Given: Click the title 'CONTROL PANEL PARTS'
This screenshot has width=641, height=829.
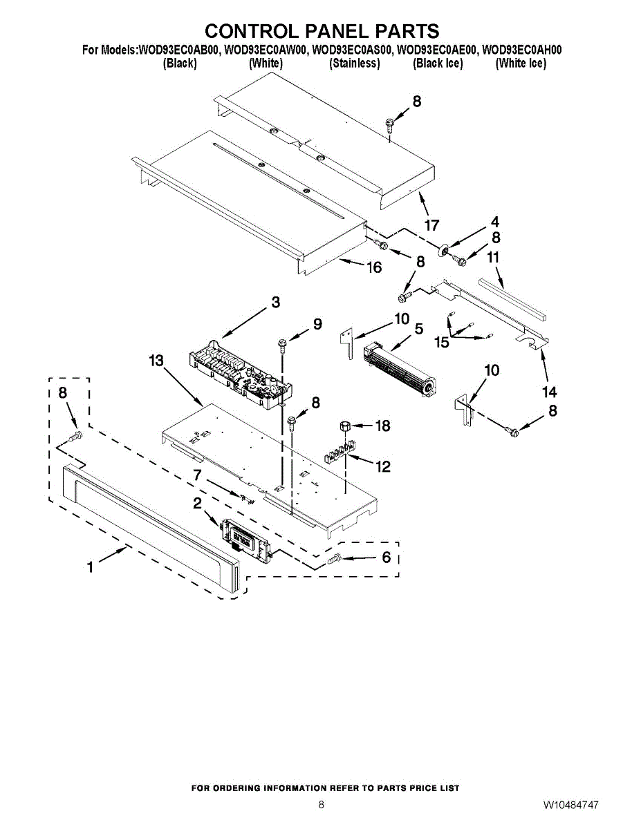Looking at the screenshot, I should (322, 31).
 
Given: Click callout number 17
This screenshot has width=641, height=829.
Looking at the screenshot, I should (432, 225).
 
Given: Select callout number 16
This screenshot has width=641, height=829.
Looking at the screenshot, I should (374, 267).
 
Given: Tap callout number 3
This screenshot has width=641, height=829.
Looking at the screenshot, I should (275, 302).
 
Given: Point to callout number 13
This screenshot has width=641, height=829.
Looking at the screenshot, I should (156, 361).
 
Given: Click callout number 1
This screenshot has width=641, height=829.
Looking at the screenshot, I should (90, 567).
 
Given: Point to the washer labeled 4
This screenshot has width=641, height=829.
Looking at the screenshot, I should (440, 249).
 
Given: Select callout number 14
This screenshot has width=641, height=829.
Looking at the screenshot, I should (549, 392).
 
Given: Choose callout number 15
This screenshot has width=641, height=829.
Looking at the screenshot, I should (441, 342).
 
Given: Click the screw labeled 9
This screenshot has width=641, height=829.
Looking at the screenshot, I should (283, 343).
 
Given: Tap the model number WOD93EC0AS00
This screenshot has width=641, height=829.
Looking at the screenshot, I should (352, 50).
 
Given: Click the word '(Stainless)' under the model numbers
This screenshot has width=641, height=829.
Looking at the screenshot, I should (355, 64).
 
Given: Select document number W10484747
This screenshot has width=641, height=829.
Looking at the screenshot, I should (570, 806).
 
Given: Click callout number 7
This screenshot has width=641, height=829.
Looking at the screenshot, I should (197, 475).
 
